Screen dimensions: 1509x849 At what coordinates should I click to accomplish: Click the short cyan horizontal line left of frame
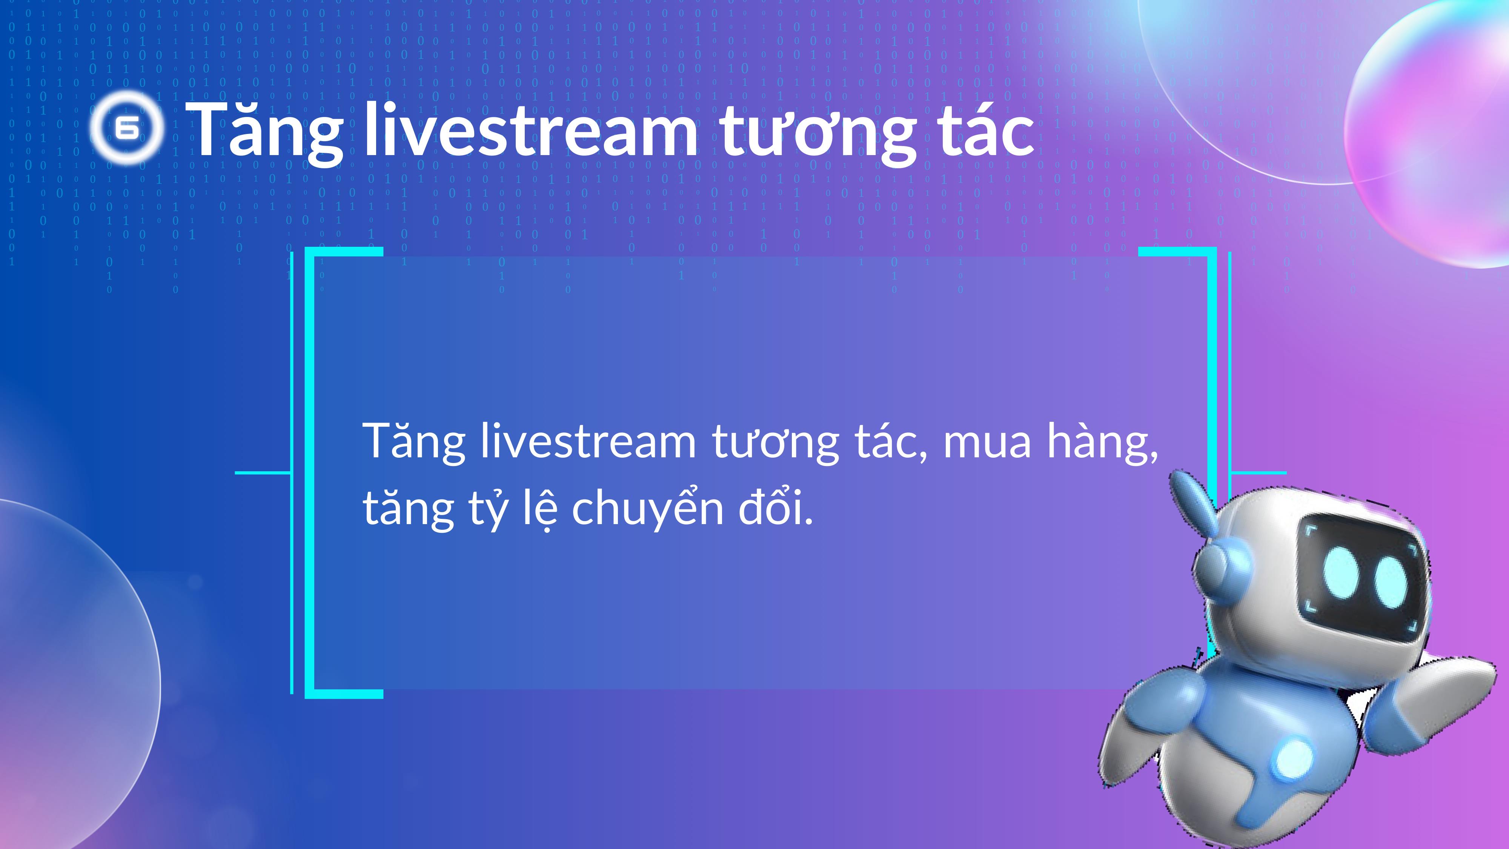coord(263,472)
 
